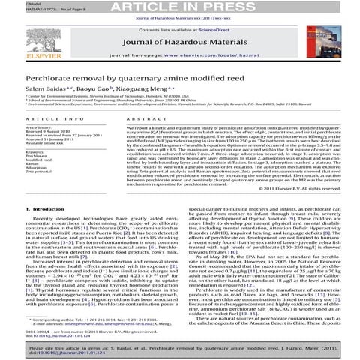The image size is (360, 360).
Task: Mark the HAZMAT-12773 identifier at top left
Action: (20, 13)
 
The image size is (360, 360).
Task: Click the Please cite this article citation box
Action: (179, 349)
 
